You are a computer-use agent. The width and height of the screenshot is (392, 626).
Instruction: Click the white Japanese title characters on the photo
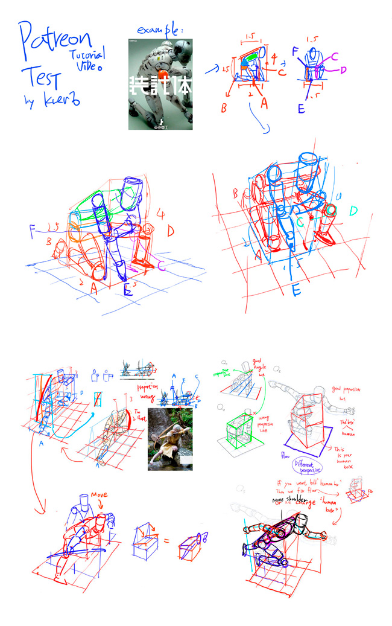click(160, 86)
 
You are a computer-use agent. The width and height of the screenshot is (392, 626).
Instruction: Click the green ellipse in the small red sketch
click(254, 55)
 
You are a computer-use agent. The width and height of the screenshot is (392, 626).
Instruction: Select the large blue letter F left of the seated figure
click(34, 230)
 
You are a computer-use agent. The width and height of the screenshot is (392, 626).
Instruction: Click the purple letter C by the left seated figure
click(162, 264)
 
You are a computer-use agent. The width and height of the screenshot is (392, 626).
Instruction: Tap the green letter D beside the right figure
click(353, 211)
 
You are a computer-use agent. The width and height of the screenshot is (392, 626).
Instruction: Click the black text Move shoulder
click(289, 500)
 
